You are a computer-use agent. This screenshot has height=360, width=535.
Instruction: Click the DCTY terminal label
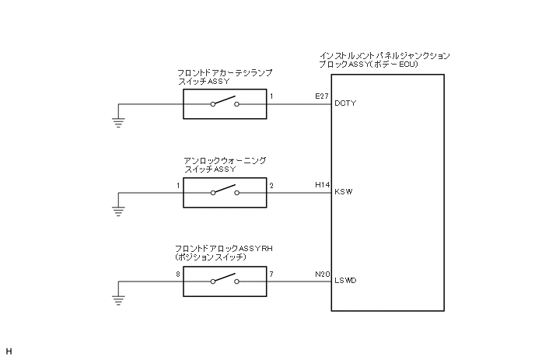pyautogui.click(x=344, y=103)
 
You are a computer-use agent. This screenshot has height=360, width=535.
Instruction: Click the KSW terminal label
pyautogui.click(x=343, y=192)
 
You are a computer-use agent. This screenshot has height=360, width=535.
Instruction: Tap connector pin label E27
pyautogui.click(x=322, y=95)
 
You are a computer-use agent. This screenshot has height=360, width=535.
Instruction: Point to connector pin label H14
pyautogui.click(x=322, y=184)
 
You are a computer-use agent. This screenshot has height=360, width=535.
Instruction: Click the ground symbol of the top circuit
pyautogui.click(x=118, y=120)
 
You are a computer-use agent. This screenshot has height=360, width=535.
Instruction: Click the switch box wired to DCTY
pyautogui.click(x=225, y=103)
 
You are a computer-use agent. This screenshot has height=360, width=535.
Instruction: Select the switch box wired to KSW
pyautogui.click(x=225, y=192)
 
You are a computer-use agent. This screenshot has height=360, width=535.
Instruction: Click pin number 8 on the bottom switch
pyautogui.click(x=178, y=274)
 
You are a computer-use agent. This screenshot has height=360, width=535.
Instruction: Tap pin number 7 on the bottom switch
pyautogui.click(x=271, y=274)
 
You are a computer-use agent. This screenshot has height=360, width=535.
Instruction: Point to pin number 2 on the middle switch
pyautogui.click(x=271, y=185)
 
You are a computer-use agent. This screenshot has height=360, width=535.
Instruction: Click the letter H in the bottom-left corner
pyautogui.click(x=9, y=351)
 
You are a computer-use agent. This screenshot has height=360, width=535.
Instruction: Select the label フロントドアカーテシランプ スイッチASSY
pyautogui.click(x=225, y=75)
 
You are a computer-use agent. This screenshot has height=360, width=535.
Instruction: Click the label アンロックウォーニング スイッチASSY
pyautogui.click(x=225, y=164)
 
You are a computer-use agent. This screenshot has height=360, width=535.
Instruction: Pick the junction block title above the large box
pyautogui.click(x=384, y=60)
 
